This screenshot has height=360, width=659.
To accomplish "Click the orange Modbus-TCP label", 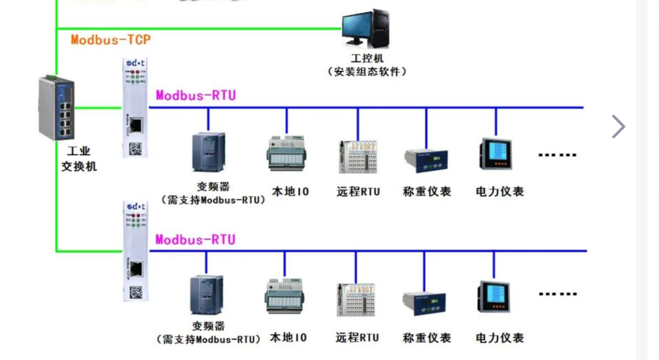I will click(110, 40).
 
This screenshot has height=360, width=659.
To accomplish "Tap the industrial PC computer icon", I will click(366, 30).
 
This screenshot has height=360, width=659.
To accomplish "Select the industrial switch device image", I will click(57, 107).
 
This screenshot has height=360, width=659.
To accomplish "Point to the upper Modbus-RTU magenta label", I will click(196, 95).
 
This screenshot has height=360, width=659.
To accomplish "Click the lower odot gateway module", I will click(135, 251).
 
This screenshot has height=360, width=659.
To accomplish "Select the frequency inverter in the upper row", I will click(208, 152).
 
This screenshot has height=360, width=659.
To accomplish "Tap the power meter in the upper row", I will click(495, 154).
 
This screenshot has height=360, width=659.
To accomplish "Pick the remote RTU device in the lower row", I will click(356, 299).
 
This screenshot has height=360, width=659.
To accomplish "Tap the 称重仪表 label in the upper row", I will click(427, 192).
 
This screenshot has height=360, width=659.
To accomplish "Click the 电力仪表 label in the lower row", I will click(500, 337).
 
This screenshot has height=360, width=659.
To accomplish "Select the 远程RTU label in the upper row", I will click(358, 192).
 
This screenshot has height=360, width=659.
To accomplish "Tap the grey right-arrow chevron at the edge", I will click(618, 127).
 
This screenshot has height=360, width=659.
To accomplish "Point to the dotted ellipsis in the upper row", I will click(557, 155).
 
